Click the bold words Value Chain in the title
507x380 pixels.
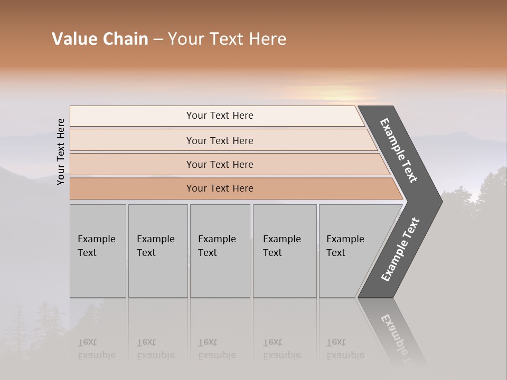100,39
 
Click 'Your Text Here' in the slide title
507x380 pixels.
227,39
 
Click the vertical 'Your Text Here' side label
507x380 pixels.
61,151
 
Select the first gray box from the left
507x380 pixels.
98,251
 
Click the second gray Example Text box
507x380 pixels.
157,251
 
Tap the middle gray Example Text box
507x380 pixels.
220,251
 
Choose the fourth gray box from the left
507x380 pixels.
284,251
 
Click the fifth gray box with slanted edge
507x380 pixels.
349,251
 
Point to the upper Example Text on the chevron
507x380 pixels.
399,150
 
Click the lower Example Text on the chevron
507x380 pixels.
400,249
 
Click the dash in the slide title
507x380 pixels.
157,40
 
